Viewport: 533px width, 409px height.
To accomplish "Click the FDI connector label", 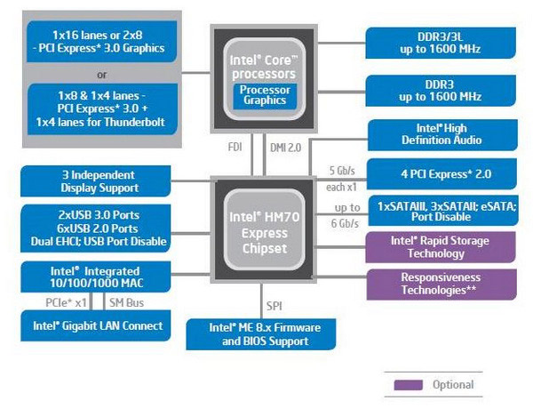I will (235, 144).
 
